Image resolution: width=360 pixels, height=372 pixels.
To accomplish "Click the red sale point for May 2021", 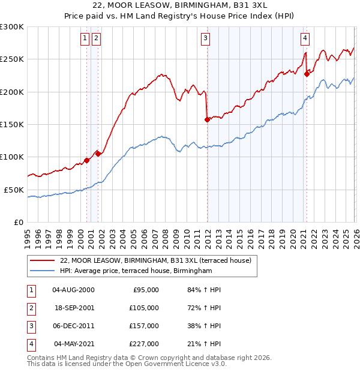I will [307, 74].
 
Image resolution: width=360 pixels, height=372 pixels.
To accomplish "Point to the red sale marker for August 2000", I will [86, 160].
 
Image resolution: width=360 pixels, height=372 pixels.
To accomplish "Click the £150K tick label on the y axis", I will [12, 124].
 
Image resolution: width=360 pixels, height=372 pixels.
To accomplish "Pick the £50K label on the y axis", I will [14, 190].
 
